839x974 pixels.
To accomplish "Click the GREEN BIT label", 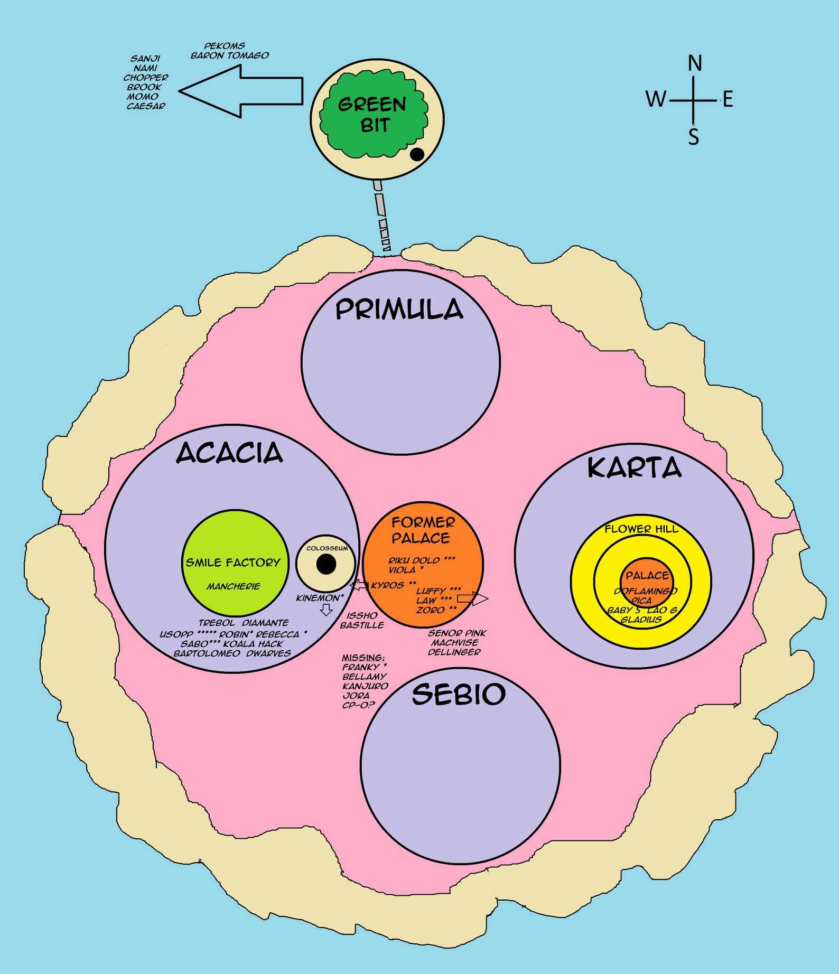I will pos(373,115).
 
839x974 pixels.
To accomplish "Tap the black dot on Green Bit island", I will pos(417,154).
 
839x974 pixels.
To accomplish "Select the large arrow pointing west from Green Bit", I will pos(241,91).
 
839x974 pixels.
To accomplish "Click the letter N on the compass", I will pos(695,63).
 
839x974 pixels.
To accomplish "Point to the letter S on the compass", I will pos(693,137).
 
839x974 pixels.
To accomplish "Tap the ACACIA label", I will pos(229,453).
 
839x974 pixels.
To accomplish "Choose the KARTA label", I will pos(634,468).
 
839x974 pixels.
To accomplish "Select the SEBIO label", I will pos(459,694).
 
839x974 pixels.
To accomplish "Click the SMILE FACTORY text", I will pos(232,563).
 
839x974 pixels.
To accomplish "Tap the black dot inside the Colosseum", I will pos(326,564).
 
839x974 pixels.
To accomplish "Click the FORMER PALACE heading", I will pos(422,530).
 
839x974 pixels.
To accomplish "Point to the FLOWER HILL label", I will pos(641,529).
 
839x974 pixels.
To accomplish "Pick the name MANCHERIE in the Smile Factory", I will pos(233,586).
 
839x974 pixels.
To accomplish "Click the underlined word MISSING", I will pos(363,658).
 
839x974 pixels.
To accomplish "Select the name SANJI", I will pos(145,59).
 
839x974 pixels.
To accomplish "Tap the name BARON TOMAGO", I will pos(229,55).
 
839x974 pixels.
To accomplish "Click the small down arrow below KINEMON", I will pos(326,610).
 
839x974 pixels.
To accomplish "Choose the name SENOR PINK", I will pos(457,633).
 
